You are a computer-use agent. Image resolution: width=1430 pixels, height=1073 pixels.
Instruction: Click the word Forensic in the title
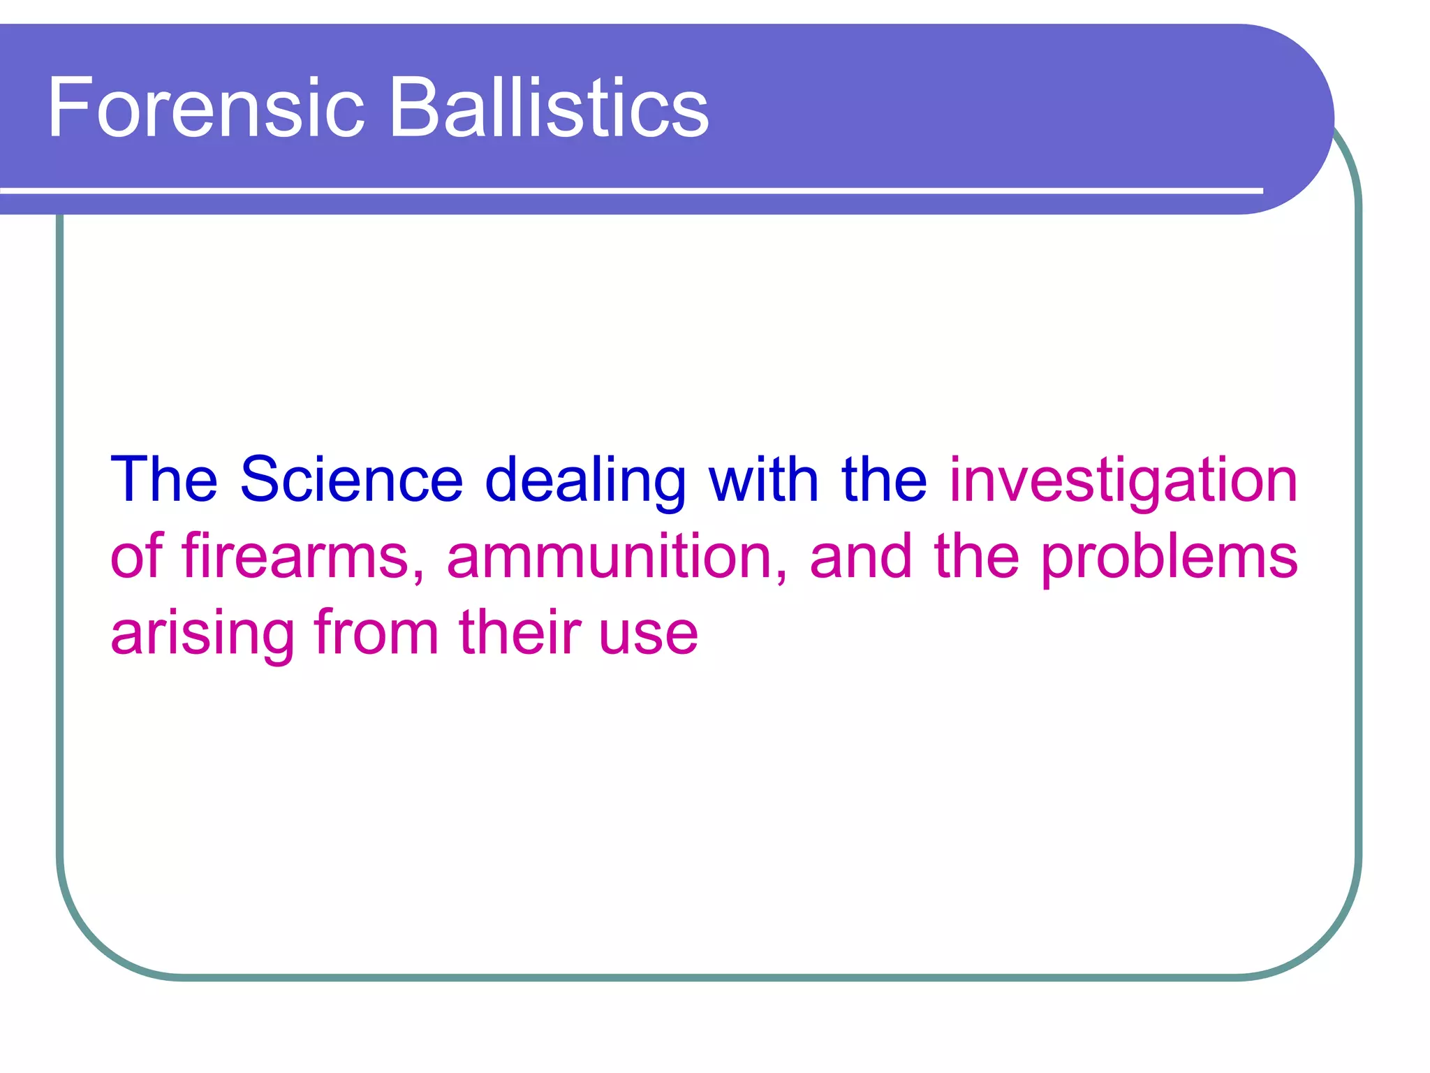(206, 108)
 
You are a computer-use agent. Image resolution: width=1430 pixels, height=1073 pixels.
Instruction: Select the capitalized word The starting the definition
(164, 480)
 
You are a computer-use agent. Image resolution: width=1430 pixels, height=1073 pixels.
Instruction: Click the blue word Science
(351, 480)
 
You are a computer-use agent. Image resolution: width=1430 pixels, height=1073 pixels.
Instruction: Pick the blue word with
(764, 480)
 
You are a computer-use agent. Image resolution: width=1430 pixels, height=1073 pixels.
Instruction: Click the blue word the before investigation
(884, 480)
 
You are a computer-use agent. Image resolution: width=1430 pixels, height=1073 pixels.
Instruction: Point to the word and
(861, 556)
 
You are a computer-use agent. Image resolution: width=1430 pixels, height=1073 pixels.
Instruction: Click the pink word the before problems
(976, 556)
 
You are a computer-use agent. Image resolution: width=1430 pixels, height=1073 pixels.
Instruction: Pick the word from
(376, 633)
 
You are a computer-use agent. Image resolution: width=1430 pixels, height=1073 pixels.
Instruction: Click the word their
(520, 633)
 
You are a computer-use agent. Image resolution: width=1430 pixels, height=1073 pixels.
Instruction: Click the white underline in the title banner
(628, 190)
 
